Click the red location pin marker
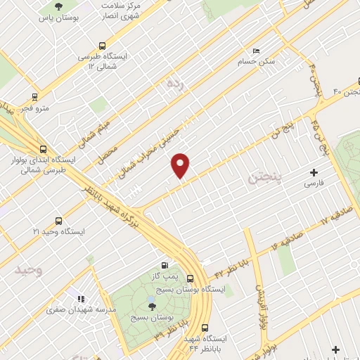[x=181, y=165]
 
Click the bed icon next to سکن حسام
[x=255, y=51]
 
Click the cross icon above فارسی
[x=314, y=172]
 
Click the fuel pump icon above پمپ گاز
[x=165, y=266]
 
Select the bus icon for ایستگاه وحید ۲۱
[x=58, y=220]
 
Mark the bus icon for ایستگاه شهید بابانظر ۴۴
[x=205, y=328]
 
